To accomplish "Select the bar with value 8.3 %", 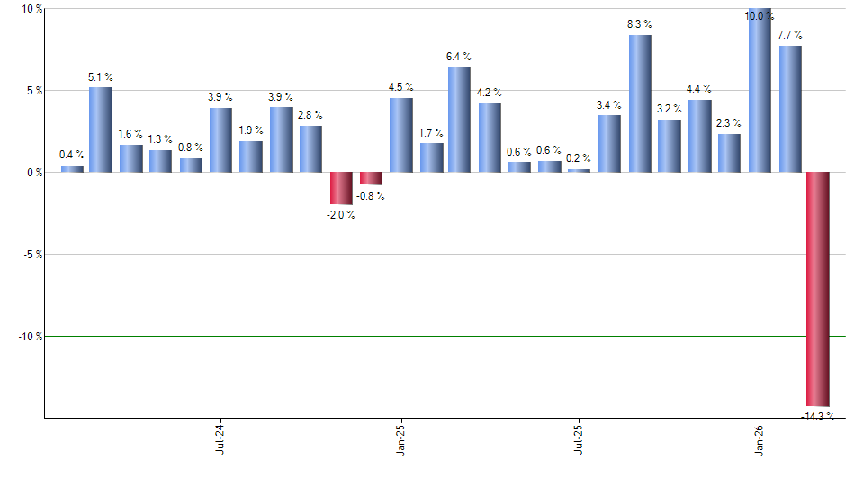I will tap(640, 103).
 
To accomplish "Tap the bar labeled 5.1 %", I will tap(100, 130).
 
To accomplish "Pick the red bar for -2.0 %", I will tap(340, 188).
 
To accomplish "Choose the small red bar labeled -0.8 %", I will tap(371, 178).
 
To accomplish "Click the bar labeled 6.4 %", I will tap(459, 119).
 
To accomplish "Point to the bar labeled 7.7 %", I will tap(790, 109).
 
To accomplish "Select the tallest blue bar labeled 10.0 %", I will tap(760, 90).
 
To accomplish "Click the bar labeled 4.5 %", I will tap(400, 135).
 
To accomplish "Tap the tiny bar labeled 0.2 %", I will tap(580, 170).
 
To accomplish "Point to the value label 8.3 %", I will tap(640, 24).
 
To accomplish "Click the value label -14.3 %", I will tap(817, 417).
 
